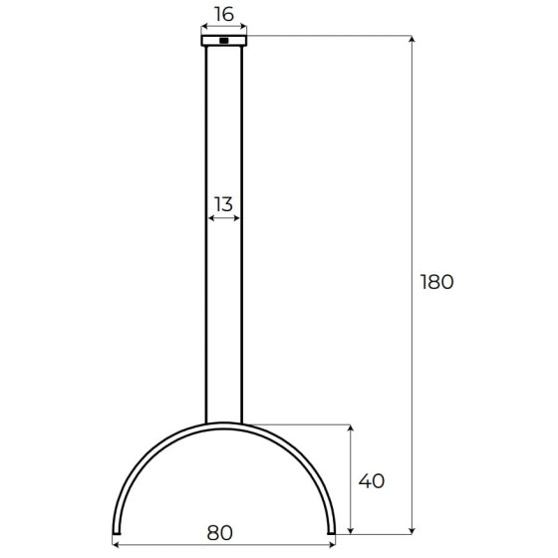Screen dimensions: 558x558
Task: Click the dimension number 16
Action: click(x=224, y=15)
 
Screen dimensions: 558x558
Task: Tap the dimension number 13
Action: click(x=223, y=204)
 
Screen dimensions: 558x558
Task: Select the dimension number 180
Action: click(x=437, y=282)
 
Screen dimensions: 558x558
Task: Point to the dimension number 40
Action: click(x=371, y=481)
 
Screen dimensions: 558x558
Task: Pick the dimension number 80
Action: click(x=220, y=533)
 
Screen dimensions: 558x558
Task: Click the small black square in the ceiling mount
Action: click(x=224, y=41)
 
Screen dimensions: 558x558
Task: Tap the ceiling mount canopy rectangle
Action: click(x=224, y=41)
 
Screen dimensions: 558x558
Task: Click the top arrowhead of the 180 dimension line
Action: click(x=412, y=39)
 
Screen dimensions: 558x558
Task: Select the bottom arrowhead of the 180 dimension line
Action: click(x=412, y=531)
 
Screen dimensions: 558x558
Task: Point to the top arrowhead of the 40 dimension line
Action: click(x=351, y=428)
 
